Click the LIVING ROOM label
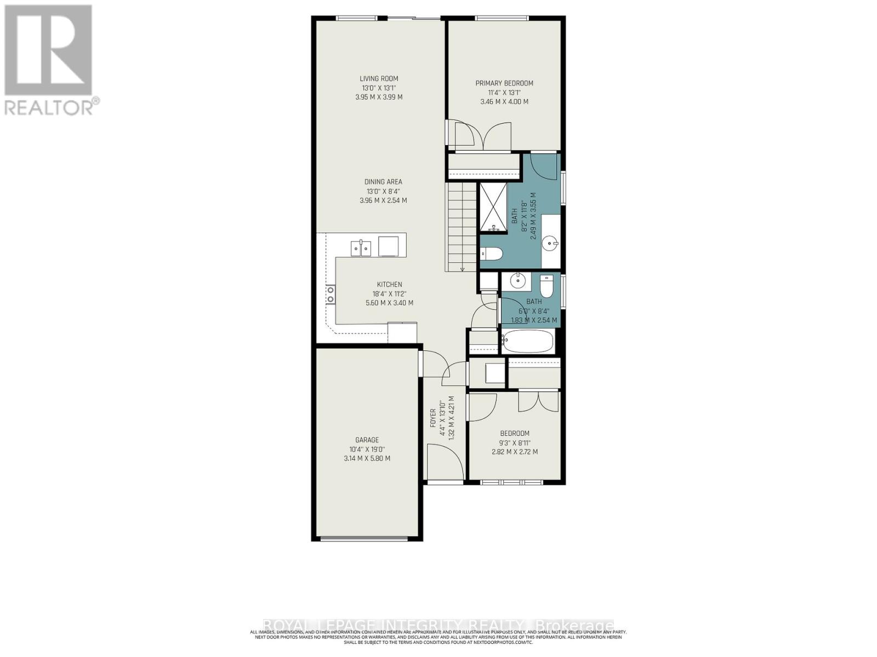point(379,79)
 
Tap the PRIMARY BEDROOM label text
point(504,83)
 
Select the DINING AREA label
point(383,182)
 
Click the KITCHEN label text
point(389,284)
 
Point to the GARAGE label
point(367,440)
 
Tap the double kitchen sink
point(361,248)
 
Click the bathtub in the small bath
point(528,342)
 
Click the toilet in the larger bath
point(491,253)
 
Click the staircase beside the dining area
point(460,227)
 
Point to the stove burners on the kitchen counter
point(331,294)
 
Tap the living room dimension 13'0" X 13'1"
point(379,88)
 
